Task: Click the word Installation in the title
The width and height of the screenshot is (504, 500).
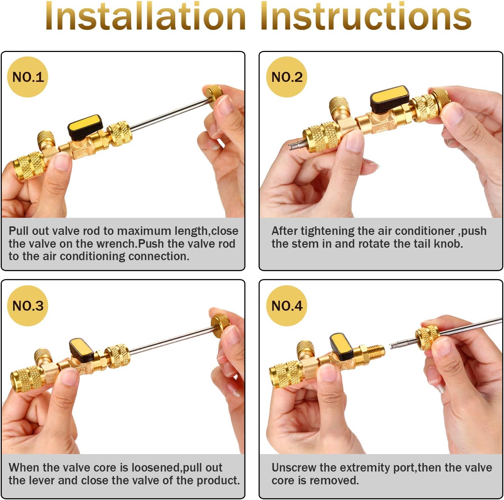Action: pos(146,17)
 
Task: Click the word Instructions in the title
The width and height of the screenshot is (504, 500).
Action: pos(366,17)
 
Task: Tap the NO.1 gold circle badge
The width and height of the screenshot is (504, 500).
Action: pos(28,77)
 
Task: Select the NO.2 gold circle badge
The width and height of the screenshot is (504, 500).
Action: pos(287,77)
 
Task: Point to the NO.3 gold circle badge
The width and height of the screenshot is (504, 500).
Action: pos(28,306)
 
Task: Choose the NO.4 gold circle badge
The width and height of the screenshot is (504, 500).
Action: pos(287,306)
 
